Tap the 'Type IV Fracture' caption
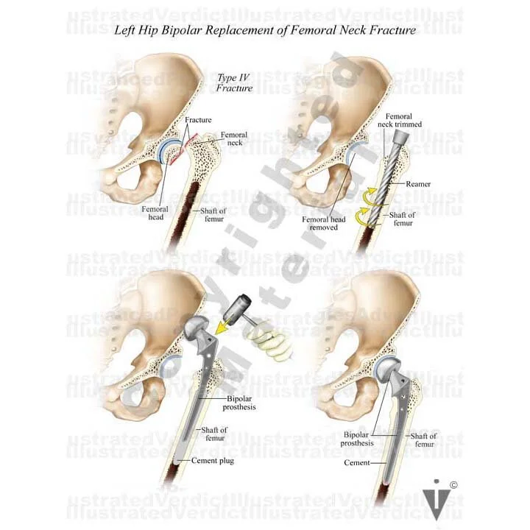tap(234, 82)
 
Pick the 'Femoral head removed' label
tap(319, 223)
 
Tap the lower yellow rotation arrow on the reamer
tap(366, 214)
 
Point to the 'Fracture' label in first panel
tap(197, 120)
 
